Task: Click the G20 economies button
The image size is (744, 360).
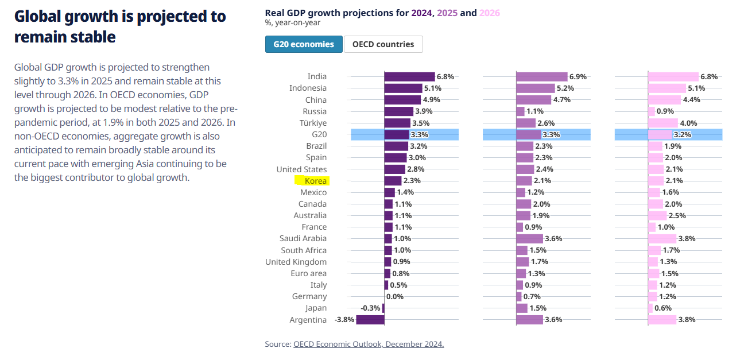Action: coord(304,44)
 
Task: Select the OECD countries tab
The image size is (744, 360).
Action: coord(383,44)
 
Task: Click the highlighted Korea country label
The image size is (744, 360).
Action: coord(315,181)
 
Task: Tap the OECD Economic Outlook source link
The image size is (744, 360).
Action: coord(369,344)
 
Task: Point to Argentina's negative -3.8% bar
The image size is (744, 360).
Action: coord(370,320)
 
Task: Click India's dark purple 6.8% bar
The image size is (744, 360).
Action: coord(409,76)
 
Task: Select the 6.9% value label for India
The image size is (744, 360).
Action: coord(578,76)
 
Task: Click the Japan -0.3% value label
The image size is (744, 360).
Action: coord(370,308)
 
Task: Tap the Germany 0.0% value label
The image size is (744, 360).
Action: coord(395,296)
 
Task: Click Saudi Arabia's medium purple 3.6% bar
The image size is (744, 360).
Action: coord(529,238)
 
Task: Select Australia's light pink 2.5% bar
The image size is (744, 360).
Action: coord(657,215)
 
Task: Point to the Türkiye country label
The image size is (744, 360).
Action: coord(313,123)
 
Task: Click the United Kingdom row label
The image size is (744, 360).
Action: coord(296,262)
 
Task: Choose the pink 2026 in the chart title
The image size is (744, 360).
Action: coord(489,13)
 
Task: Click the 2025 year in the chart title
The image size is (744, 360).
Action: coord(447,13)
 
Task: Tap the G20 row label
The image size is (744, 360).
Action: coord(319,134)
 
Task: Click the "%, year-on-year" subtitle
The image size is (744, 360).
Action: coord(293,23)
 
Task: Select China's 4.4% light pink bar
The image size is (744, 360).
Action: coord(664,100)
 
